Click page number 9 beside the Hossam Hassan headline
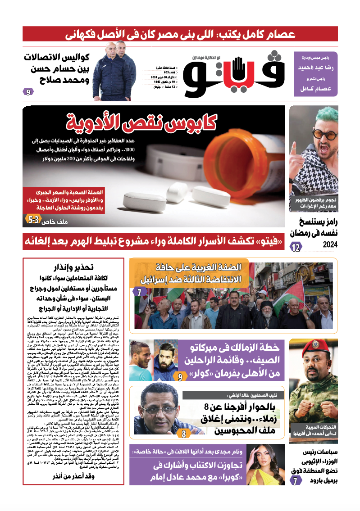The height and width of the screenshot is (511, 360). pos(28,92)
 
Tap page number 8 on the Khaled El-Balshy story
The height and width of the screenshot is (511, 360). pos(184,434)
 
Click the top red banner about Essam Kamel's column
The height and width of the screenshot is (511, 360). pos(180,34)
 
